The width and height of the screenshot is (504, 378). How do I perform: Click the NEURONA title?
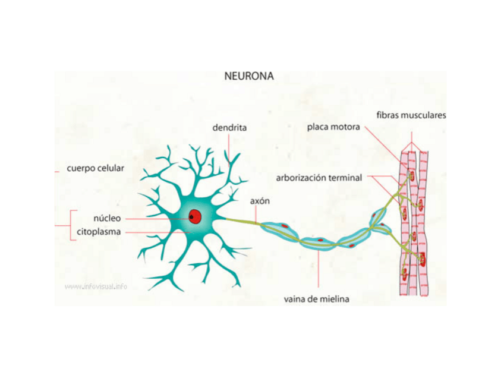pos(249,76)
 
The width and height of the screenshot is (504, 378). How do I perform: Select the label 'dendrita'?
pos(229,127)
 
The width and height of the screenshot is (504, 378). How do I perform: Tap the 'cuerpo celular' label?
pos(96,168)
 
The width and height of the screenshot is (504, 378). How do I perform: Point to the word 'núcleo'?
pos(107,218)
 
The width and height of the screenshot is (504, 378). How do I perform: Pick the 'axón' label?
pos(260,201)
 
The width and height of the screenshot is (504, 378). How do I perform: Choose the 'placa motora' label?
pos(333,127)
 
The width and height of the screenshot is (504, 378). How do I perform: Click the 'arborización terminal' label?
pos(319,177)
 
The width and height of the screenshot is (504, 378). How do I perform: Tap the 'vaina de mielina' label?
pos(316,300)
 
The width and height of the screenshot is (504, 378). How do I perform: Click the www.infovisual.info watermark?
pos(96,286)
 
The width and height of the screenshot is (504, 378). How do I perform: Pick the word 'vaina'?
pos(295,300)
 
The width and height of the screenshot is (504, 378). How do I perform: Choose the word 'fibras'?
pos(388,115)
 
